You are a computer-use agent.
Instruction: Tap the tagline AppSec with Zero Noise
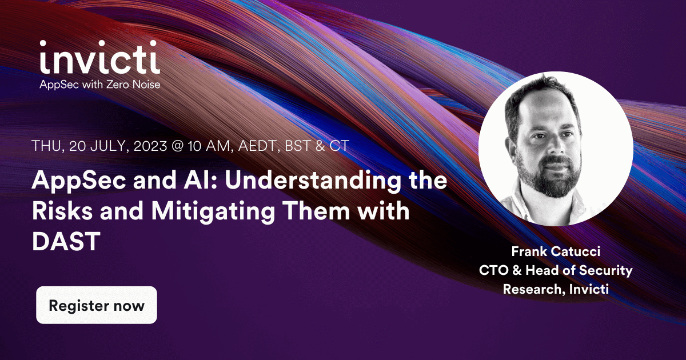click(99, 85)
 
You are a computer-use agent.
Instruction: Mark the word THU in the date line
click(47, 146)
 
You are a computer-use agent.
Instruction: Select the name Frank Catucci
click(556, 252)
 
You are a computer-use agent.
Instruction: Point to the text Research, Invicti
click(556, 289)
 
